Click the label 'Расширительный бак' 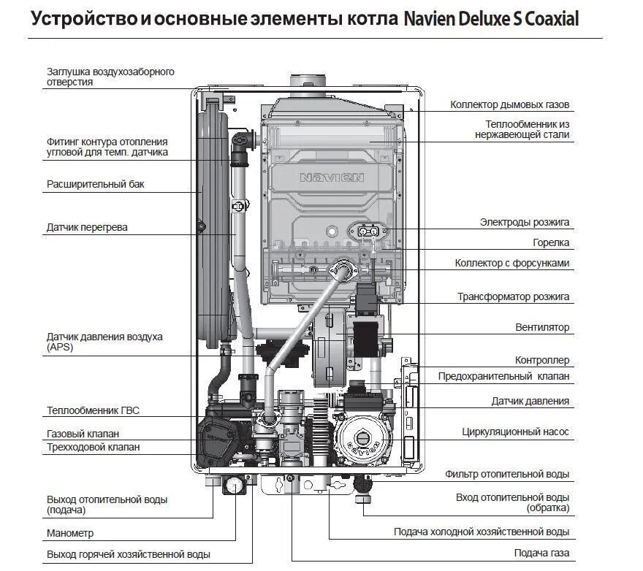[96, 185]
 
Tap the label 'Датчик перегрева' [87, 227]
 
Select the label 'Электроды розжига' [524, 222]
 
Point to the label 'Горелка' [551, 242]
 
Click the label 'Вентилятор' [541, 328]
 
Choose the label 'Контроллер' [542, 361]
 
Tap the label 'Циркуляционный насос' [515, 432]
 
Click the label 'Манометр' [70, 534]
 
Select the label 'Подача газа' [541, 553]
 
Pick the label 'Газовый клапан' [83, 434]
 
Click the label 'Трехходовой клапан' [93, 447]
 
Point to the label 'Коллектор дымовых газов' [509, 105]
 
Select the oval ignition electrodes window [368, 231]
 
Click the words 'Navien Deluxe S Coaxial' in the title [490, 20]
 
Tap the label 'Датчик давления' [530, 402]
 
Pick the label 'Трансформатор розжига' [513, 297]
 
